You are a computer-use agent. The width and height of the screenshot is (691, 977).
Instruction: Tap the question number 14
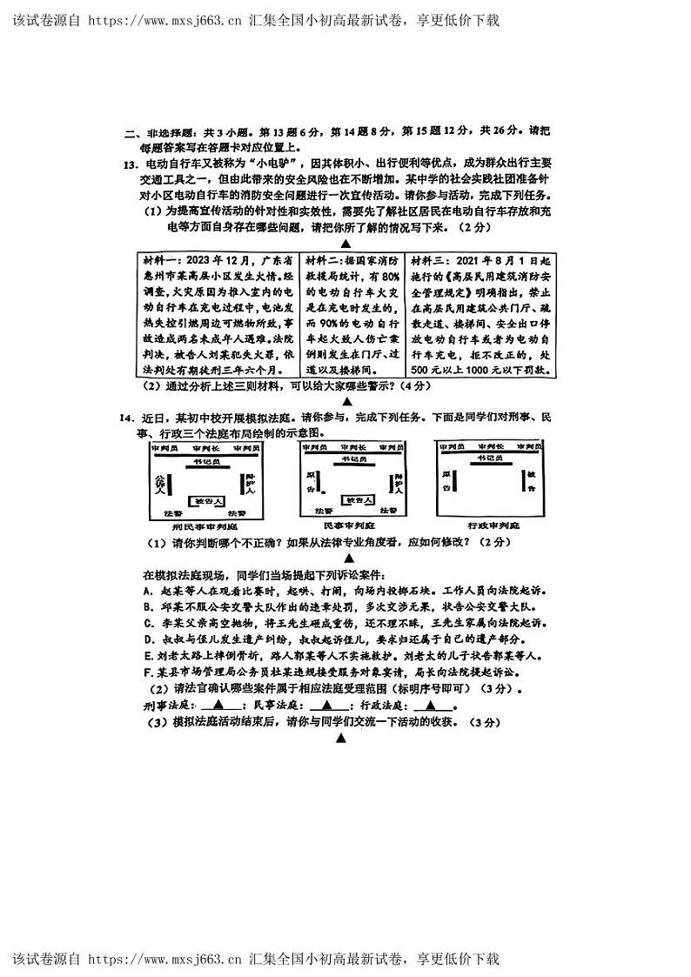[128, 418]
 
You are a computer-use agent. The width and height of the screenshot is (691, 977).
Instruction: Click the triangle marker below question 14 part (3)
[341, 739]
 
